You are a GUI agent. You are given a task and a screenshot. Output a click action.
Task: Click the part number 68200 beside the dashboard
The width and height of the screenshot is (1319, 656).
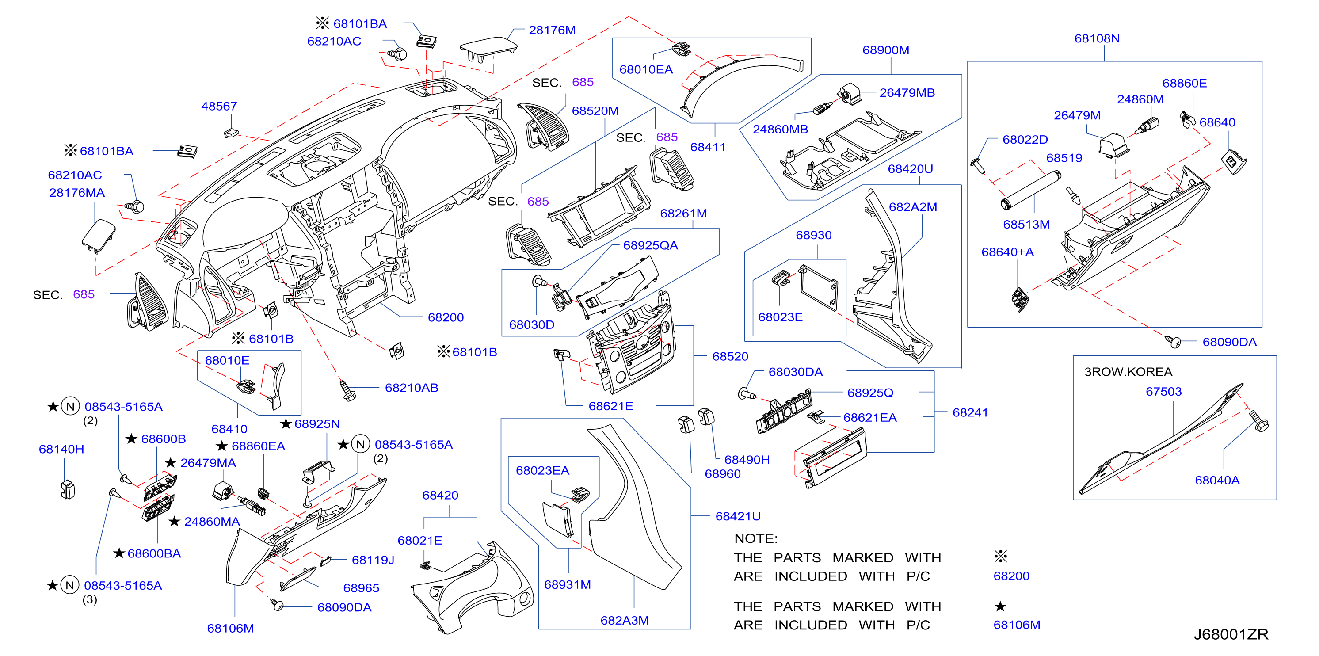coord(446,317)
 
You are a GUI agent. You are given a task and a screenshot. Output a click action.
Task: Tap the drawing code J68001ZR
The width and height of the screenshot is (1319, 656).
coord(1231,634)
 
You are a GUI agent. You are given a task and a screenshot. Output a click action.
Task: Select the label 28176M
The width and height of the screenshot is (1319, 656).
coord(552,30)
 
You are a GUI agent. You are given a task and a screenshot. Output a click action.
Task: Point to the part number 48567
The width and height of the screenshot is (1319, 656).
coord(219,107)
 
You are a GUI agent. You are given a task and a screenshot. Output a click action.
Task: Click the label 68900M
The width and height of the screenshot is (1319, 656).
coord(886,50)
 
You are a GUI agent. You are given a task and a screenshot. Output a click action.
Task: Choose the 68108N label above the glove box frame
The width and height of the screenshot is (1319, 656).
coord(1097,38)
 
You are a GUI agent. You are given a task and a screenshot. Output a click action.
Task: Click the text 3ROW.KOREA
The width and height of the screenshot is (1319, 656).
coord(1128,372)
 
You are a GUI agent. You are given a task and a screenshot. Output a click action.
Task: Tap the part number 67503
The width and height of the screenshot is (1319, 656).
coord(1163,392)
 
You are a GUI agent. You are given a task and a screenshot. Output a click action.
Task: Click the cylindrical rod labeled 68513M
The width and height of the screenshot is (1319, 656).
coord(1030,191)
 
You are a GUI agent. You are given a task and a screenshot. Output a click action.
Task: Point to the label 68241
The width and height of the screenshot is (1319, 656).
coord(970,413)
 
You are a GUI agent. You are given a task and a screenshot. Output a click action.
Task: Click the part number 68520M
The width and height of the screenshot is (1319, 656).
coord(595,111)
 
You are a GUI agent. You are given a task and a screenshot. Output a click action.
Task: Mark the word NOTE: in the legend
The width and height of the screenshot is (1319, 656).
coord(756,539)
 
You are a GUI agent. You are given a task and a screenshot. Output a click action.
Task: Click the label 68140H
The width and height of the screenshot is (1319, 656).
coord(61,450)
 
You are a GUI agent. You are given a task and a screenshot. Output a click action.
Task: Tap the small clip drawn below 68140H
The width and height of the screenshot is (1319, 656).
coord(68,489)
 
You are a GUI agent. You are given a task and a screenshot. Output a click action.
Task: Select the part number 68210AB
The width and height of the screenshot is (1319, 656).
coord(411,388)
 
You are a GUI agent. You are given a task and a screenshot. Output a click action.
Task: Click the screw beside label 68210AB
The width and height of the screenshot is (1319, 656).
coord(348,391)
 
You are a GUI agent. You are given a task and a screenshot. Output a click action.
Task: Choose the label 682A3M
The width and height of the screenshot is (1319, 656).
coord(624,621)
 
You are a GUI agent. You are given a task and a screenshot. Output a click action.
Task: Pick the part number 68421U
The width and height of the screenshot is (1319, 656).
coord(738,517)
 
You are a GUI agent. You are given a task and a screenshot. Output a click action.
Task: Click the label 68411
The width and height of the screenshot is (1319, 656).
coord(708,148)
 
